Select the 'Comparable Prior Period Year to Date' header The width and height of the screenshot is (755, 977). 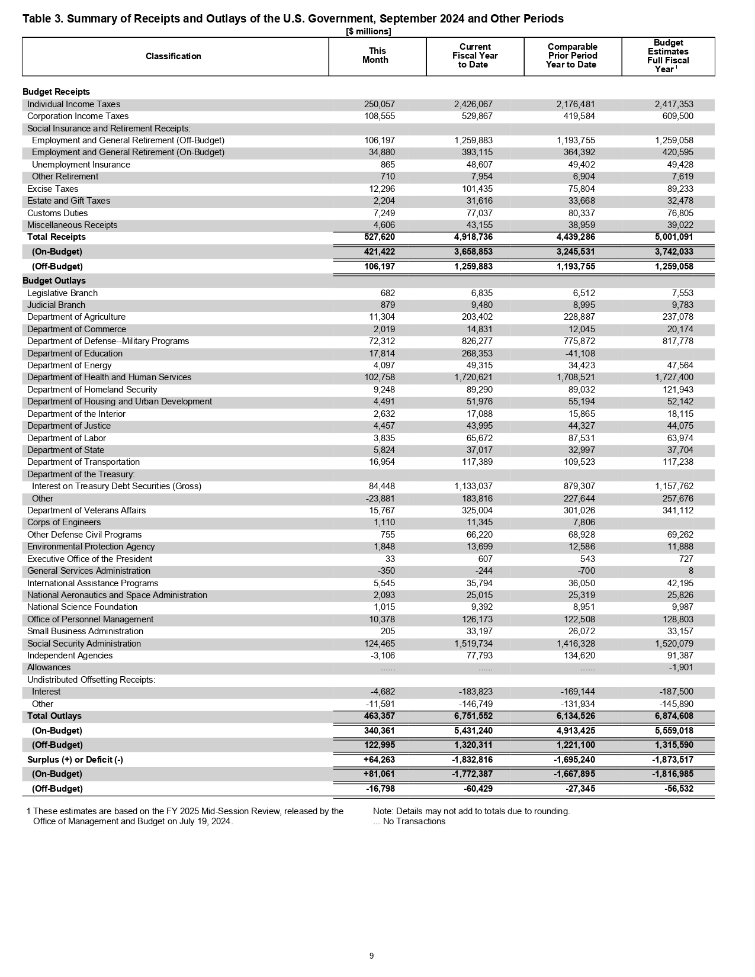click(x=572, y=56)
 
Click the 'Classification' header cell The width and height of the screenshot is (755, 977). click(x=173, y=56)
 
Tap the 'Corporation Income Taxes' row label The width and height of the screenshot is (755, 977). click(x=78, y=116)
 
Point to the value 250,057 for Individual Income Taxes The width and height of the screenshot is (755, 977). click(x=379, y=104)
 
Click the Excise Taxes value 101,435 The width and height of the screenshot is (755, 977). click(x=477, y=189)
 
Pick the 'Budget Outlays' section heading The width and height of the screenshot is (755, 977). click(x=54, y=281)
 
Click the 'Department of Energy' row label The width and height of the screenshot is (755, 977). click(x=69, y=365)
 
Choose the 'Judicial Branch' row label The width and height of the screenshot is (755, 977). click(x=56, y=305)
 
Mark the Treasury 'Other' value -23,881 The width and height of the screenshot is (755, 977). click(x=380, y=499)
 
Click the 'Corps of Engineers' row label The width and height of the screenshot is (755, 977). click(x=64, y=522)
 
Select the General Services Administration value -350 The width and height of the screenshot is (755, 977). click(x=385, y=571)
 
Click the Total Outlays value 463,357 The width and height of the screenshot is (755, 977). click(x=379, y=716)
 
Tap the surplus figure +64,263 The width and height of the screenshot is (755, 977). click(x=378, y=760)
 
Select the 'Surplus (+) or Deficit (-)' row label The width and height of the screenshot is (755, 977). click(x=75, y=760)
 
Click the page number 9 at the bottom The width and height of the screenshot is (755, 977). click(x=371, y=956)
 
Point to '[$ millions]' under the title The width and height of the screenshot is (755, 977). click(x=368, y=31)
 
